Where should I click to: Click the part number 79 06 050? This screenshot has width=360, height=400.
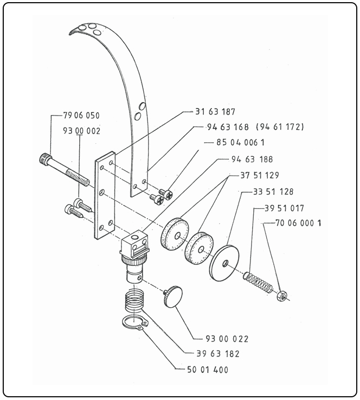pos(81,115)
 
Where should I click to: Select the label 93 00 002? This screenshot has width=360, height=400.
pos(82,131)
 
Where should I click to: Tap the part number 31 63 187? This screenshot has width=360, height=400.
pos(215,112)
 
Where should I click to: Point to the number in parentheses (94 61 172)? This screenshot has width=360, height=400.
pos(280,127)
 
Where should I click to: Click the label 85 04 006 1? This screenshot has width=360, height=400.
pos(241,142)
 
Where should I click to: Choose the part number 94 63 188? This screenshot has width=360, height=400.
pos(252,160)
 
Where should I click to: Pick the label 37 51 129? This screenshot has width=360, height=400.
pos(260,175)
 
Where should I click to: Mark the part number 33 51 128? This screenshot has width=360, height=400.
pos(273,192)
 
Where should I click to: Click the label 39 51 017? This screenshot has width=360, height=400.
pos(284,208)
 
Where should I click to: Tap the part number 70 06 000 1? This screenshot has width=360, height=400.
pos(299,223)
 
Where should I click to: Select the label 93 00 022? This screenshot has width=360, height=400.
pos(227,339)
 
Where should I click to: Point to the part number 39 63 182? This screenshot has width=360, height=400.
pos(218,354)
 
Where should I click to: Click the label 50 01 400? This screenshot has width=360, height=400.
pos(208,370)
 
